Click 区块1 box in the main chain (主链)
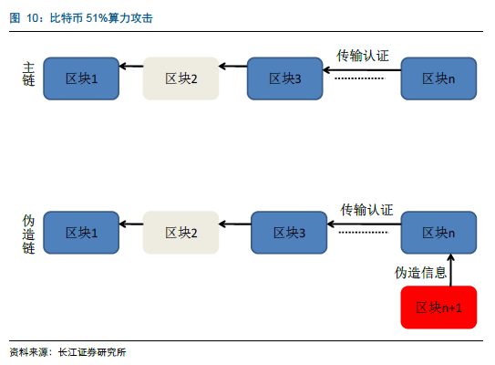click(81, 78)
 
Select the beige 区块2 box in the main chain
click(180, 78)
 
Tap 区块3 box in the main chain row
click(284, 78)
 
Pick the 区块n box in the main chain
click(438, 78)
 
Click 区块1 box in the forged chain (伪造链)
click(81, 233)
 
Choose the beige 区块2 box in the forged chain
click(180, 233)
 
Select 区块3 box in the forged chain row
click(289, 233)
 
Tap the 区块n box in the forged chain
click(438, 233)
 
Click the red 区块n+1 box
click(438, 308)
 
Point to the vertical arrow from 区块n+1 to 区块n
click(451, 270)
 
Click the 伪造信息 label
click(420, 273)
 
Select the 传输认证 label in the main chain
click(363, 56)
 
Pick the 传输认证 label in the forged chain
click(366, 210)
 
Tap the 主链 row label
click(28, 74)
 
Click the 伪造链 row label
click(28, 235)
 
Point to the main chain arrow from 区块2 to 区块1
click(131, 66)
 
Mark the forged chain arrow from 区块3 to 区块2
click(235, 224)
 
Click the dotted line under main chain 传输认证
click(360, 78)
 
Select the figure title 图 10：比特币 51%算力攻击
click(81, 18)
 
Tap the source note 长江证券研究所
click(92, 352)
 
